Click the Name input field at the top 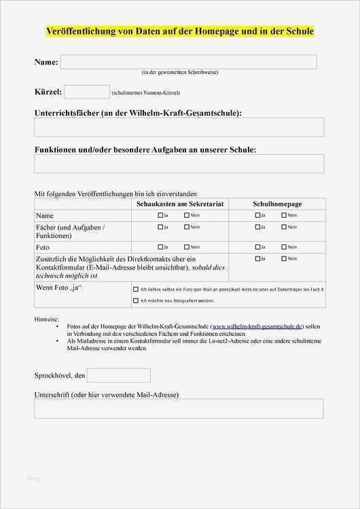(x=188, y=62)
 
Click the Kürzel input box (x=86, y=92)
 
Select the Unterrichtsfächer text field (x=179, y=127)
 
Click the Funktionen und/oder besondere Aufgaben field (x=179, y=164)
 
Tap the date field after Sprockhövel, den (x=118, y=375)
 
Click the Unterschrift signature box (x=179, y=409)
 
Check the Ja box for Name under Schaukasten (x=161, y=215)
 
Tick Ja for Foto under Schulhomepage (x=257, y=247)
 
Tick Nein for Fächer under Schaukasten (x=187, y=227)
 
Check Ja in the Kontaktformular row (x=257, y=259)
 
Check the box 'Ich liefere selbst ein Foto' (x=136, y=289)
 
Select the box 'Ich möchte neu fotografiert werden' (x=136, y=300)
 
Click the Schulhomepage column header (x=277, y=204)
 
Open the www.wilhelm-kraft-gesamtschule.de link (x=257, y=326)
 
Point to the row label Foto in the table (x=43, y=247)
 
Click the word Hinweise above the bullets (x=46, y=318)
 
